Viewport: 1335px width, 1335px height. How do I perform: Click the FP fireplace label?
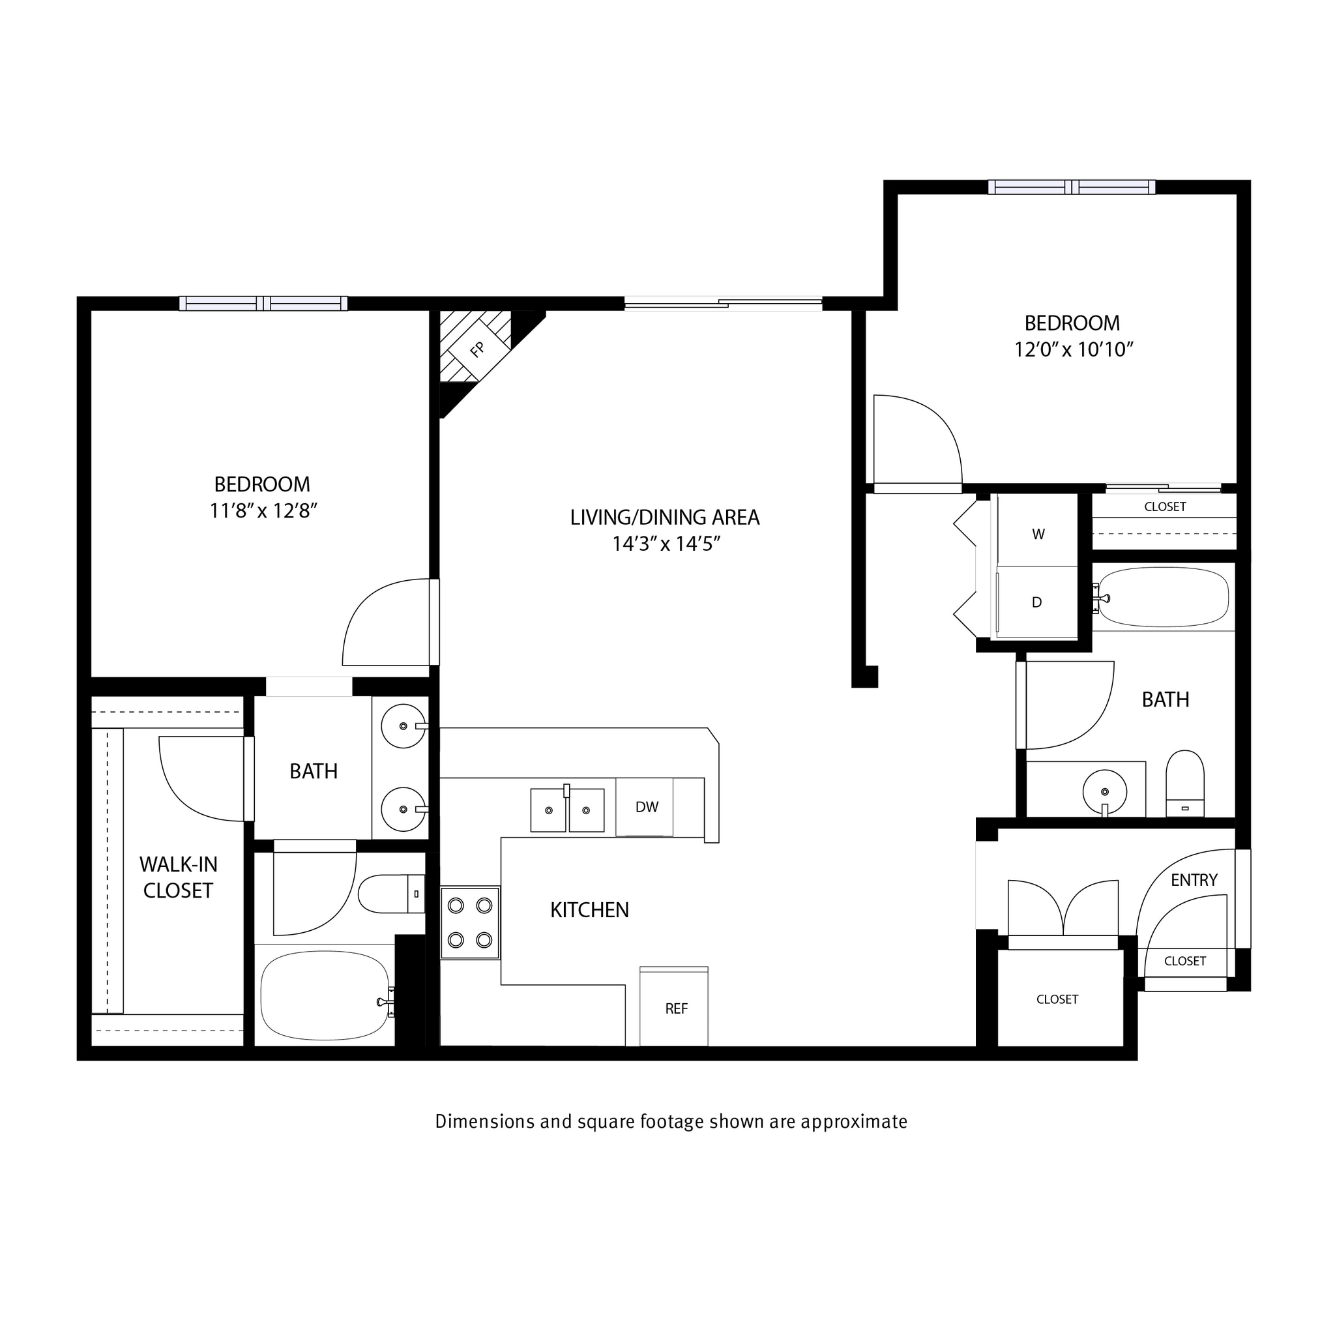(x=477, y=349)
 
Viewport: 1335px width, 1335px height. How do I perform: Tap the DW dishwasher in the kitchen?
(x=647, y=807)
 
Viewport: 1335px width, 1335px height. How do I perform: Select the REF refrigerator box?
(x=676, y=1009)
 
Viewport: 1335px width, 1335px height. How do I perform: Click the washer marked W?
(x=1038, y=534)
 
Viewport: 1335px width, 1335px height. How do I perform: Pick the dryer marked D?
(x=1036, y=602)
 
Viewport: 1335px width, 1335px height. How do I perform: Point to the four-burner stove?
(x=470, y=922)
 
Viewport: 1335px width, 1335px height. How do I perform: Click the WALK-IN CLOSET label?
(x=178, y=877)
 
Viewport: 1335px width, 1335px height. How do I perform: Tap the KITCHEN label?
(x=589, y=910)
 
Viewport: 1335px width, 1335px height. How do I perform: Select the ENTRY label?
(x=1194, y=879)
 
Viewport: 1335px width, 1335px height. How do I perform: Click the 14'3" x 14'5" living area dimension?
(x=666, y=544)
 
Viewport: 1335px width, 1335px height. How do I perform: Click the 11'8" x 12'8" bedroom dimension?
(x=263, y=510)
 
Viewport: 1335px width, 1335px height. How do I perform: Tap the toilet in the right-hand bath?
(x=1185, y=784)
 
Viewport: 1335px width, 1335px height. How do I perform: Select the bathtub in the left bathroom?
(x=325, y=995)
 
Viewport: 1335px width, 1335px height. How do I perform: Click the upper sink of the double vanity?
(x=403, y=726)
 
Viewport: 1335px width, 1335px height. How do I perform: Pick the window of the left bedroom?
(x=263, y=303)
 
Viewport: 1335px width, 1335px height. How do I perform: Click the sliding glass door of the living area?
(x=723, y=302)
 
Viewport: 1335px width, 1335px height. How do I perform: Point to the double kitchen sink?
(x=567, y=809)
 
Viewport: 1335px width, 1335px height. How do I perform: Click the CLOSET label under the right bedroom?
(x=1165, y=506)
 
